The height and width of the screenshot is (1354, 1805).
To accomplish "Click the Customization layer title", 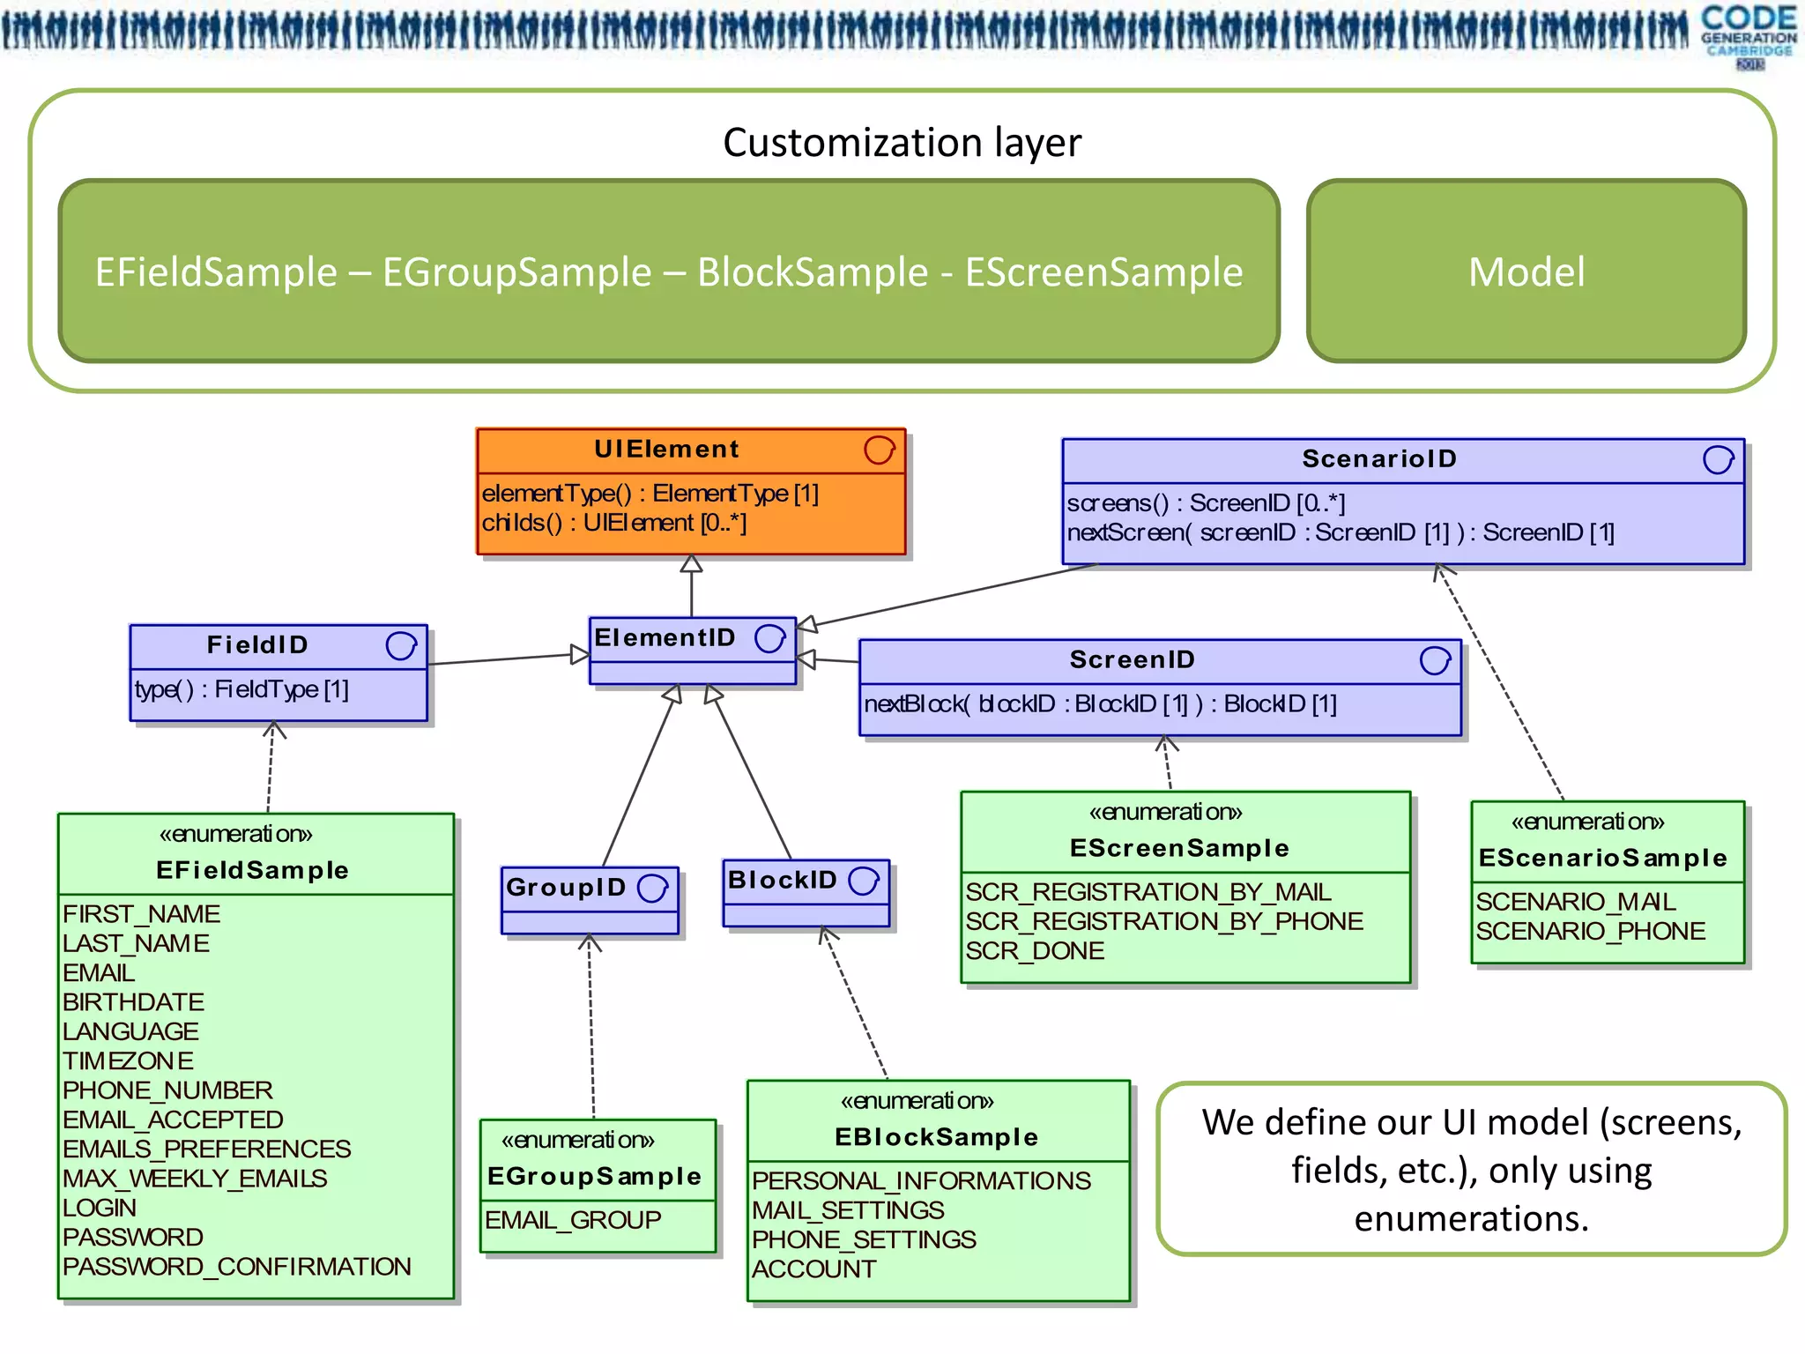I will pos(902,143).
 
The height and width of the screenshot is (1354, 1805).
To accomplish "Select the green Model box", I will pos(1526,272).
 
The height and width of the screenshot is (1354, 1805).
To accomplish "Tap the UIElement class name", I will pos(666,450).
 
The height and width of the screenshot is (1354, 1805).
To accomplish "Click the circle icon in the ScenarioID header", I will pos(1718,459).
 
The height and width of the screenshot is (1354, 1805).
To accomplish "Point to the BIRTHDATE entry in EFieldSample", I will pos(133,1002).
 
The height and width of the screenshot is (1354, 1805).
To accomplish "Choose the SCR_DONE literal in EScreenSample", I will pos(1034,951).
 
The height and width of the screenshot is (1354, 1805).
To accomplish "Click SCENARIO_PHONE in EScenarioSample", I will pos(1590,932).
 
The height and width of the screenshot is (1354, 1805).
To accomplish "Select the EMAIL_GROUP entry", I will pos(573,1220).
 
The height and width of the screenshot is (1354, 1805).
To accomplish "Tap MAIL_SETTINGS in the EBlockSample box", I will pos(848,1210).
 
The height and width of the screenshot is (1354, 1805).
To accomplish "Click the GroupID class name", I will pos(566,888).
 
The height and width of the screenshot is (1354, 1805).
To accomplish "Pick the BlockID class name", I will pos(782,880).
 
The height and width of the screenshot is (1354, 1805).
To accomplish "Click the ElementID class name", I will pos(665,637).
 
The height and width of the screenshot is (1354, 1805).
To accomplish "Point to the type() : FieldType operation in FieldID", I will pos(241,689).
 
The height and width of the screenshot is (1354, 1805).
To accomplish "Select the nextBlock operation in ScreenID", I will pos(1100,704).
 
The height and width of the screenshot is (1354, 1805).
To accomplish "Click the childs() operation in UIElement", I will pos(613,523).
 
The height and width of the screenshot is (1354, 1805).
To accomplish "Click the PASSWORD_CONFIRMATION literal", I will pos(236,1267).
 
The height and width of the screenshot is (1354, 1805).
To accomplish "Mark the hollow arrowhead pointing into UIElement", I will pos(692,564).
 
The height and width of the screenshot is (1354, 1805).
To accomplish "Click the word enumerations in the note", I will pos(1471,1219).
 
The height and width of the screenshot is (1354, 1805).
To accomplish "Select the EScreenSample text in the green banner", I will pos(1103,272).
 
